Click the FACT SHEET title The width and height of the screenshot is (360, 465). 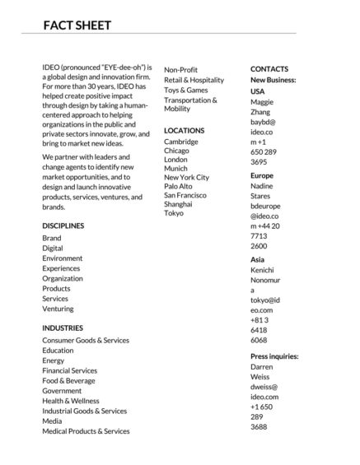(77, 26)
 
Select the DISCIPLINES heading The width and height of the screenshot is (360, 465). (63, 226)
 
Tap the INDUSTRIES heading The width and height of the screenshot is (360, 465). (63, 328)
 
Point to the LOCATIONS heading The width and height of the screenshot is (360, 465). (185, 130)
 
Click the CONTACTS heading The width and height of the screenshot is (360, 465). (269, 68)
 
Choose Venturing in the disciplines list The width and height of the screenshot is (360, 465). (58, 309)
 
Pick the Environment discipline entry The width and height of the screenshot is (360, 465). (63, 258)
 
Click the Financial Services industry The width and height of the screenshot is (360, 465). (70, 370)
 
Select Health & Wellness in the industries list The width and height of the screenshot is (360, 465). (71, 401)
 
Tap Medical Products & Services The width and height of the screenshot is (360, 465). (86, 431)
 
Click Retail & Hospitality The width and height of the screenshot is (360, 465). (194, 80)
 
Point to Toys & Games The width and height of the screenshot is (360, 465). (186, 90)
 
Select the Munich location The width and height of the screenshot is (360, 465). (176, 167)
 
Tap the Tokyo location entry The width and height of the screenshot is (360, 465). (174, 213)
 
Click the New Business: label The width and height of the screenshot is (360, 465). (274, 80)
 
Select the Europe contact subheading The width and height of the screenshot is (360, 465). (262, 175)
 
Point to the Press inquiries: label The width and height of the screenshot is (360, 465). (274, 356)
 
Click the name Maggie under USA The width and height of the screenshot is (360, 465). (262, 102)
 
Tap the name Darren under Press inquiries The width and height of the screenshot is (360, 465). (262, 367)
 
